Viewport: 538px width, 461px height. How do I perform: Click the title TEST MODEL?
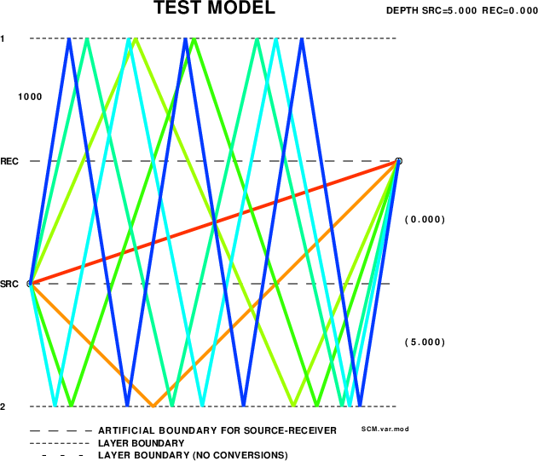[x=214, y=7]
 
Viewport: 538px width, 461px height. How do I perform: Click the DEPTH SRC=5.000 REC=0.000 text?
[x=462, y=10]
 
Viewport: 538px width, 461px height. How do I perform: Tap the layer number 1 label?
[x=3, y=38]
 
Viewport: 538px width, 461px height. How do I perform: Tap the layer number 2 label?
[x=3, y=406]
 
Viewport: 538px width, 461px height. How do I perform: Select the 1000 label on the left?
[x=30, y=97]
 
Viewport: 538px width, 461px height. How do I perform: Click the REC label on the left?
[x=9, y=161]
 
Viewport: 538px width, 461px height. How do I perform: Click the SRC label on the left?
[x=9, y=284]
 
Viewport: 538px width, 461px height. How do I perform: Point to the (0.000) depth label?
[x=425, y=220]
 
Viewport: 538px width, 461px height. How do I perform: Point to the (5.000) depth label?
[x=425, y=343]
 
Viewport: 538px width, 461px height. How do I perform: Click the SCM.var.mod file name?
[x=385, y=429]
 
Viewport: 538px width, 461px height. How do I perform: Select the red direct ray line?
[x=214, y=222]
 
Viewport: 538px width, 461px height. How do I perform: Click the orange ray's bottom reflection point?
[x=153, y=406]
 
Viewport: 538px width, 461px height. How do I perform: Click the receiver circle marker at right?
[x=398, y=161]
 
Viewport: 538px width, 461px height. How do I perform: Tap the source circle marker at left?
[x=30, y=284]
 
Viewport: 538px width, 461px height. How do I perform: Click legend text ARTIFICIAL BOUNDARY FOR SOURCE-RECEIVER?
[x=217, y=431]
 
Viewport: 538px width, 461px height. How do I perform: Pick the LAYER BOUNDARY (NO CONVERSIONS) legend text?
[x=193, y=456]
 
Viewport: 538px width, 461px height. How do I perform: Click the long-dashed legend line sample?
[x=61, y=431]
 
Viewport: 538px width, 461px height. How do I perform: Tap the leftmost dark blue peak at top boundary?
[x=69, y=38]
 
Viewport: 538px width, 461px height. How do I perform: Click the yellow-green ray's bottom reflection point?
[x=293, y=406]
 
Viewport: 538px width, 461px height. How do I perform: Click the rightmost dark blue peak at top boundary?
[x=302, y=38]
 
